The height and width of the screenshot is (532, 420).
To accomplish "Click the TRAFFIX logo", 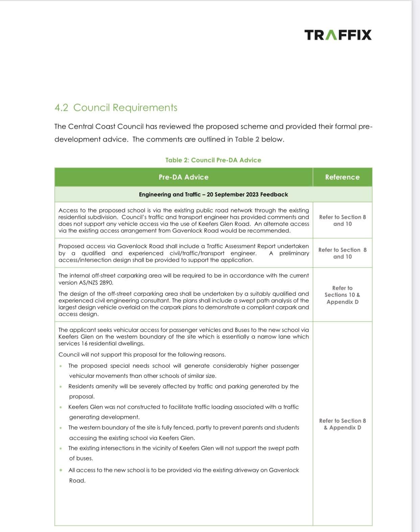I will [x=337, y=35].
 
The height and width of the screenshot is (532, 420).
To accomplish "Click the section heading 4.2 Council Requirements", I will [x=116, y=107].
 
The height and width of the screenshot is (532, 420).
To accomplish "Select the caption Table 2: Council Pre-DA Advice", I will [x=213, y=160].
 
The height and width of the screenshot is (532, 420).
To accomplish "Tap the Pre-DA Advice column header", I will [x=184, y=177].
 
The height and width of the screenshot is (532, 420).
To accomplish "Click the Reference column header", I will [x=342, y=177].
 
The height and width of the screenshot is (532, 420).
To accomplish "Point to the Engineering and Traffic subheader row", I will [x=213, y=195].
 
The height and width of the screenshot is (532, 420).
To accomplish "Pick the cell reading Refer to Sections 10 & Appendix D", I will [x=342, y=295].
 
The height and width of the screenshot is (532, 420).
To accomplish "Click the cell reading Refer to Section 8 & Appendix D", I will [x=342, y=424].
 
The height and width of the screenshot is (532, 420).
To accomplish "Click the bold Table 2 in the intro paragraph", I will [x=247, y=140].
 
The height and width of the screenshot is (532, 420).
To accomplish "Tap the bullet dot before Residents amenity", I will [x=61, y=387].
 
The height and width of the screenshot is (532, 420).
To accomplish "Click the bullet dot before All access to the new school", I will [x=61, y=470].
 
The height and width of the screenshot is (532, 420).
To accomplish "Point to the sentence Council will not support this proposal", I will [x=142, y=355].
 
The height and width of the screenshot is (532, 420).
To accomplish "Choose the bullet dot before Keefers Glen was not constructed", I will [x=61, y=407].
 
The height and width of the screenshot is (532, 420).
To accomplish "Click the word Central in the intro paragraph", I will [x=80, y=127].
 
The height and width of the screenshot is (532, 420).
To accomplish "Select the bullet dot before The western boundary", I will [x=61, y=428].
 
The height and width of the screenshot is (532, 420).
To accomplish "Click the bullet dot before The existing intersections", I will [x=61, y=449].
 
